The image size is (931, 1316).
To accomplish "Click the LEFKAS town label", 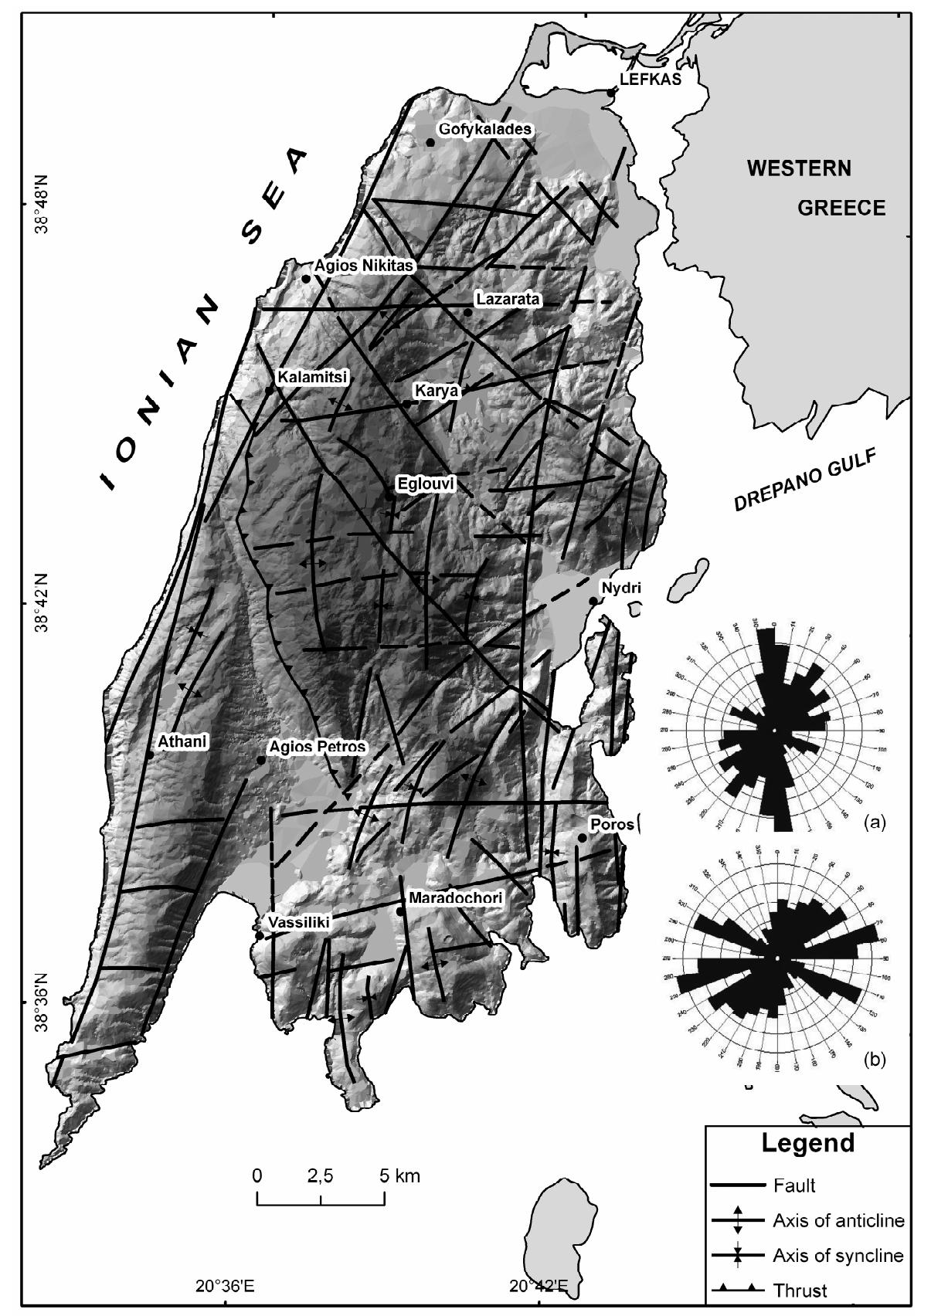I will click(651, 79).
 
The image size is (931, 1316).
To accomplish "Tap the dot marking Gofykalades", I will click(430, 142).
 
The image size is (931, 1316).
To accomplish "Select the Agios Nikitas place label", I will click(365, 266).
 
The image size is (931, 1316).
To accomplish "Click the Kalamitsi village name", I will click(312, 377).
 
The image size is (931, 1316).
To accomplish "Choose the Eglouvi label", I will click(426, 484).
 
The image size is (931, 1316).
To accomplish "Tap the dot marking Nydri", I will click(593, 601).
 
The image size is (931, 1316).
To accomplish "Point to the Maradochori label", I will click(455, 897).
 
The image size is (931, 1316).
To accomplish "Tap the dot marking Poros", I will click(582, 837).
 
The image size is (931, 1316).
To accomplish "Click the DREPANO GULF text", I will click(807, 481).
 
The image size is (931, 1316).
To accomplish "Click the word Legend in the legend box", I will click(807, 1143).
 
